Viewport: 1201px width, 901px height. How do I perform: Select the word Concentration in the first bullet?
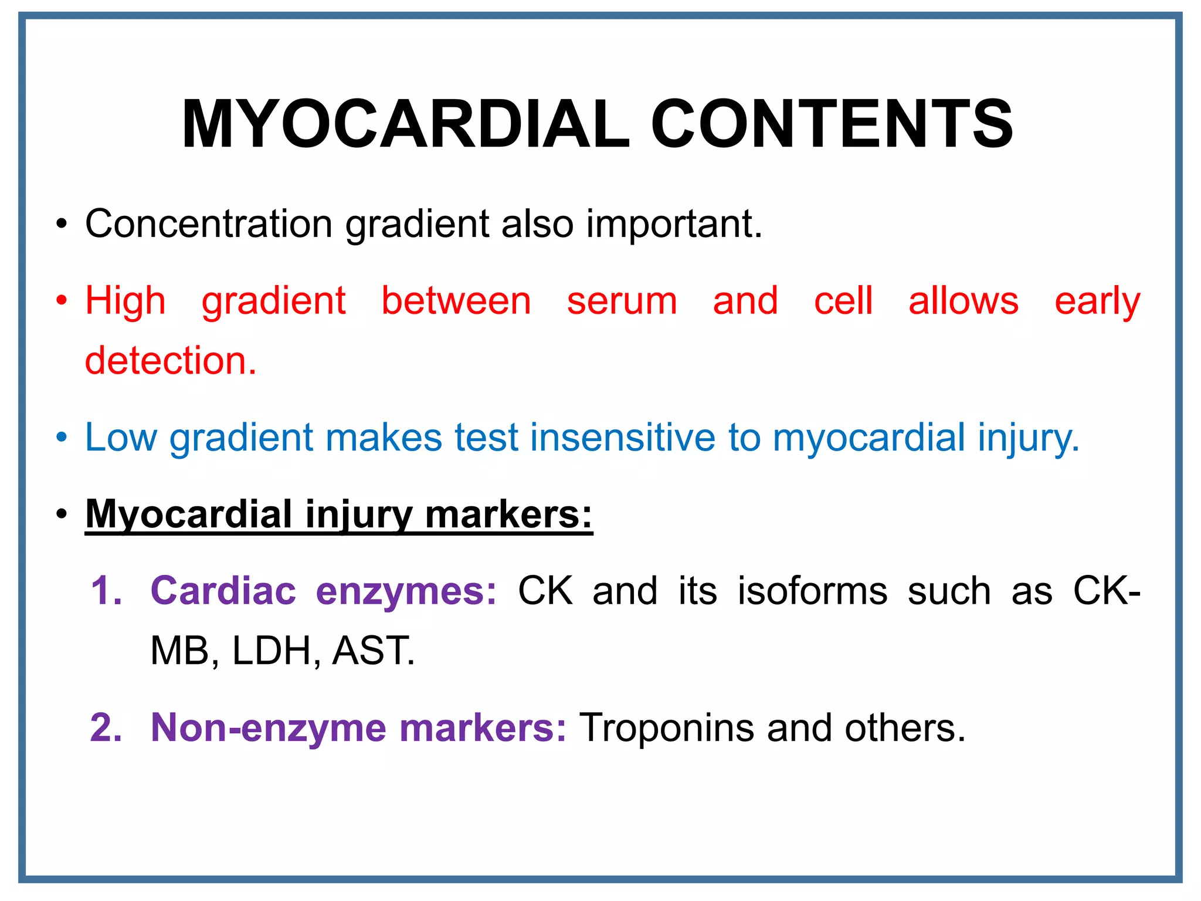pyautogui.click(x=209, y=224)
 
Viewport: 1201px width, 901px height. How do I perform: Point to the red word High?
pyautogui.click(x=125, y=301)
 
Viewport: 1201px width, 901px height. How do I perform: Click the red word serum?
pyautogui.click(x=622, y=301)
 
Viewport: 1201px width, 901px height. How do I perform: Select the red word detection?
pyautogui.click(x=170, y=360)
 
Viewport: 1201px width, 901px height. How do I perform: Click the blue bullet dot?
pyautogui.click(x=62, y=438)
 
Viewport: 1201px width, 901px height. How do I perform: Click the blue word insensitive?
pyautogui.click(x=622, y=438)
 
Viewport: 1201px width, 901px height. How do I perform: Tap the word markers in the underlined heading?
pyautogui.click(x=508, y=514)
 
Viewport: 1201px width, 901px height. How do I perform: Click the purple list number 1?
pyautogui.click(x=106, y=591)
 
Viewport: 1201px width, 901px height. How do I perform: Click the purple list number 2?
pyautogui.click(x=106, y=728)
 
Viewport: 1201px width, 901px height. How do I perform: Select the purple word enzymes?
pyautogui.click(x=406, y=591)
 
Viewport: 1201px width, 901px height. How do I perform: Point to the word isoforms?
pyautogui.click(x=812, y=591)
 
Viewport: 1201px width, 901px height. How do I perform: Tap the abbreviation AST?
pyautogui.click(x=373, y=651)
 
